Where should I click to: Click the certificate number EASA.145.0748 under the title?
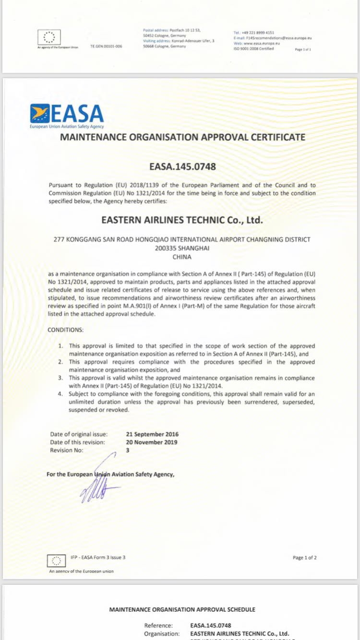click(182, 167)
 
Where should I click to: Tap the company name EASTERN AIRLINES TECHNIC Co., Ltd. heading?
click(182, 220)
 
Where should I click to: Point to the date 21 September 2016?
click(152, 434)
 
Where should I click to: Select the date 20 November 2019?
click(152, 442)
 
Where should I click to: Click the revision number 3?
click(128, 450)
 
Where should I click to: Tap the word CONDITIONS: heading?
click(65, 330)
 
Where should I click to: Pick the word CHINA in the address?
click(182, 257)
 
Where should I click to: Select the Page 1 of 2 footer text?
click(304, 557)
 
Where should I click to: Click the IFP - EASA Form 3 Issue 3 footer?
click(98, 557)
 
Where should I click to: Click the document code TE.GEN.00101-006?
click(106, 46)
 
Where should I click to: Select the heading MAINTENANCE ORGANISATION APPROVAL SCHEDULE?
click(182, 609)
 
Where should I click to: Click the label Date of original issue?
click(79, 434)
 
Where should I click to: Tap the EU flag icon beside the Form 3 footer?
click(57, 560)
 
